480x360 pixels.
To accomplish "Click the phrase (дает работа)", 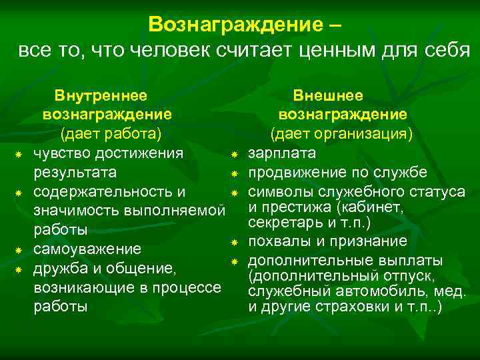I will (111, 134).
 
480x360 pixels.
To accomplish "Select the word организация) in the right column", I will (369, 134).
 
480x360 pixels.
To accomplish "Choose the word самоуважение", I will (87, 249).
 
